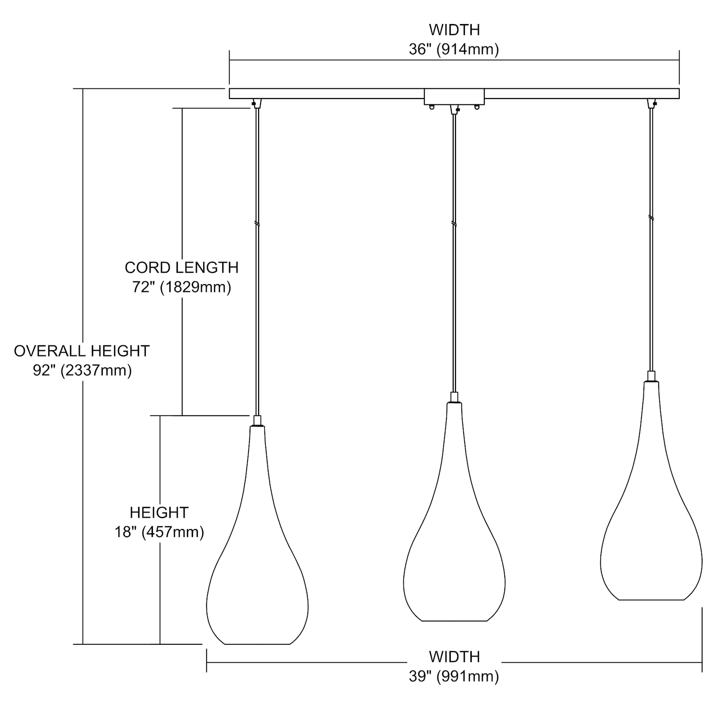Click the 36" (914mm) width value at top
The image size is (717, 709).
pos(454,49)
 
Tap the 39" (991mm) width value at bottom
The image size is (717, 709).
pos(454,676)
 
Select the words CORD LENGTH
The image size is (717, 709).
pos(182,267)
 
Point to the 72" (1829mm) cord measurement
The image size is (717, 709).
pos(182,287)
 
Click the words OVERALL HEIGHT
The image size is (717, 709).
pos(82,351)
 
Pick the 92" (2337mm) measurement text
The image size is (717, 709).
pos(82,370)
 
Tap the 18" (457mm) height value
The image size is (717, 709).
pos(159,532)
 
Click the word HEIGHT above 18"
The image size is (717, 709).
pos(159,512)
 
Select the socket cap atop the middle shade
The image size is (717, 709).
pos(454,398)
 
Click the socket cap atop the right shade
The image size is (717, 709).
pos(651,376)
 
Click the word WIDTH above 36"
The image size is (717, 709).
pos(454,30)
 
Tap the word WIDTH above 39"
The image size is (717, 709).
pos(454,656)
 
